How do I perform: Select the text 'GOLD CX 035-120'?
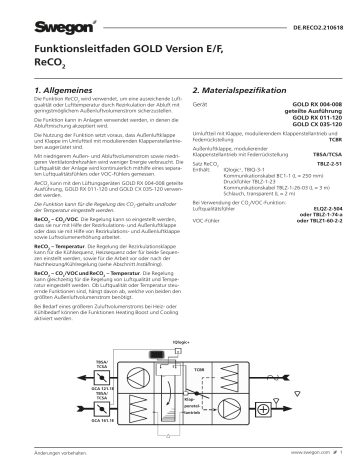[318, 131]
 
